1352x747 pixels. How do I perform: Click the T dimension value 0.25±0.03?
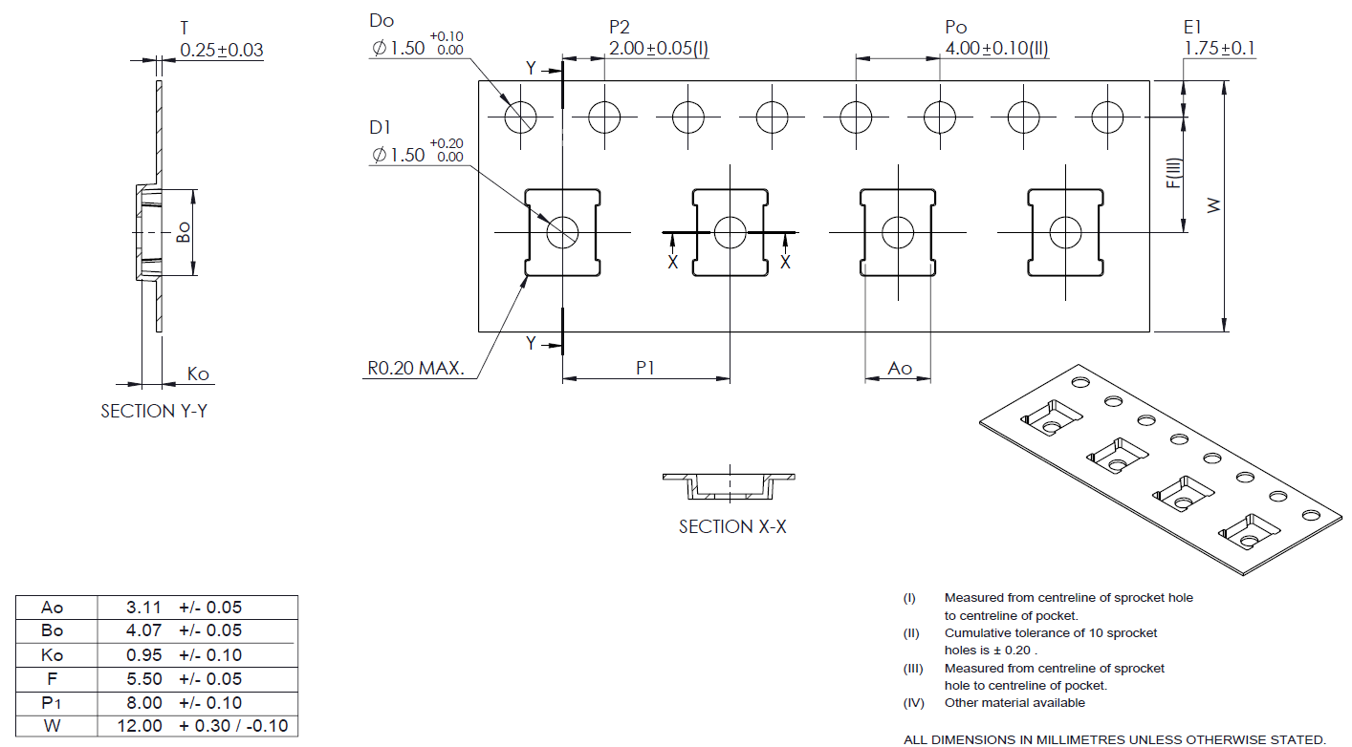222,50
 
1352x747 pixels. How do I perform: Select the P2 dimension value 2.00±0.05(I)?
659,49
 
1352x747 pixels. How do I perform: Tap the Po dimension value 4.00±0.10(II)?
997,49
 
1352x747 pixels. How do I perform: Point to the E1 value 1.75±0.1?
1219,49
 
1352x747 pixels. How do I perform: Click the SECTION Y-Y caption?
154,412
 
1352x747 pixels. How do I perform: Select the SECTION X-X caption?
732,526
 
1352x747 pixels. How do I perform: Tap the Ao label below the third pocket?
899,368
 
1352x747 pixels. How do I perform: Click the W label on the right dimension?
1213,205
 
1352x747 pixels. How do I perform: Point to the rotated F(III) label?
1173,173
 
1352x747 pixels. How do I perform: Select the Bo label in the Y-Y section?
183,232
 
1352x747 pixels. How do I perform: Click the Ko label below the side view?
198,373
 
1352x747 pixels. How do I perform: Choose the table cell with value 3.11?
142,607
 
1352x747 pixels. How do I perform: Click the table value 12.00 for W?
140,726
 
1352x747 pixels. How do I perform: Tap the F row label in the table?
53,679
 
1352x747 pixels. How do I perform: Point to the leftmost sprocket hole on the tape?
521,117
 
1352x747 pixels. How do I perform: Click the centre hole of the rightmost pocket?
1064,232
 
